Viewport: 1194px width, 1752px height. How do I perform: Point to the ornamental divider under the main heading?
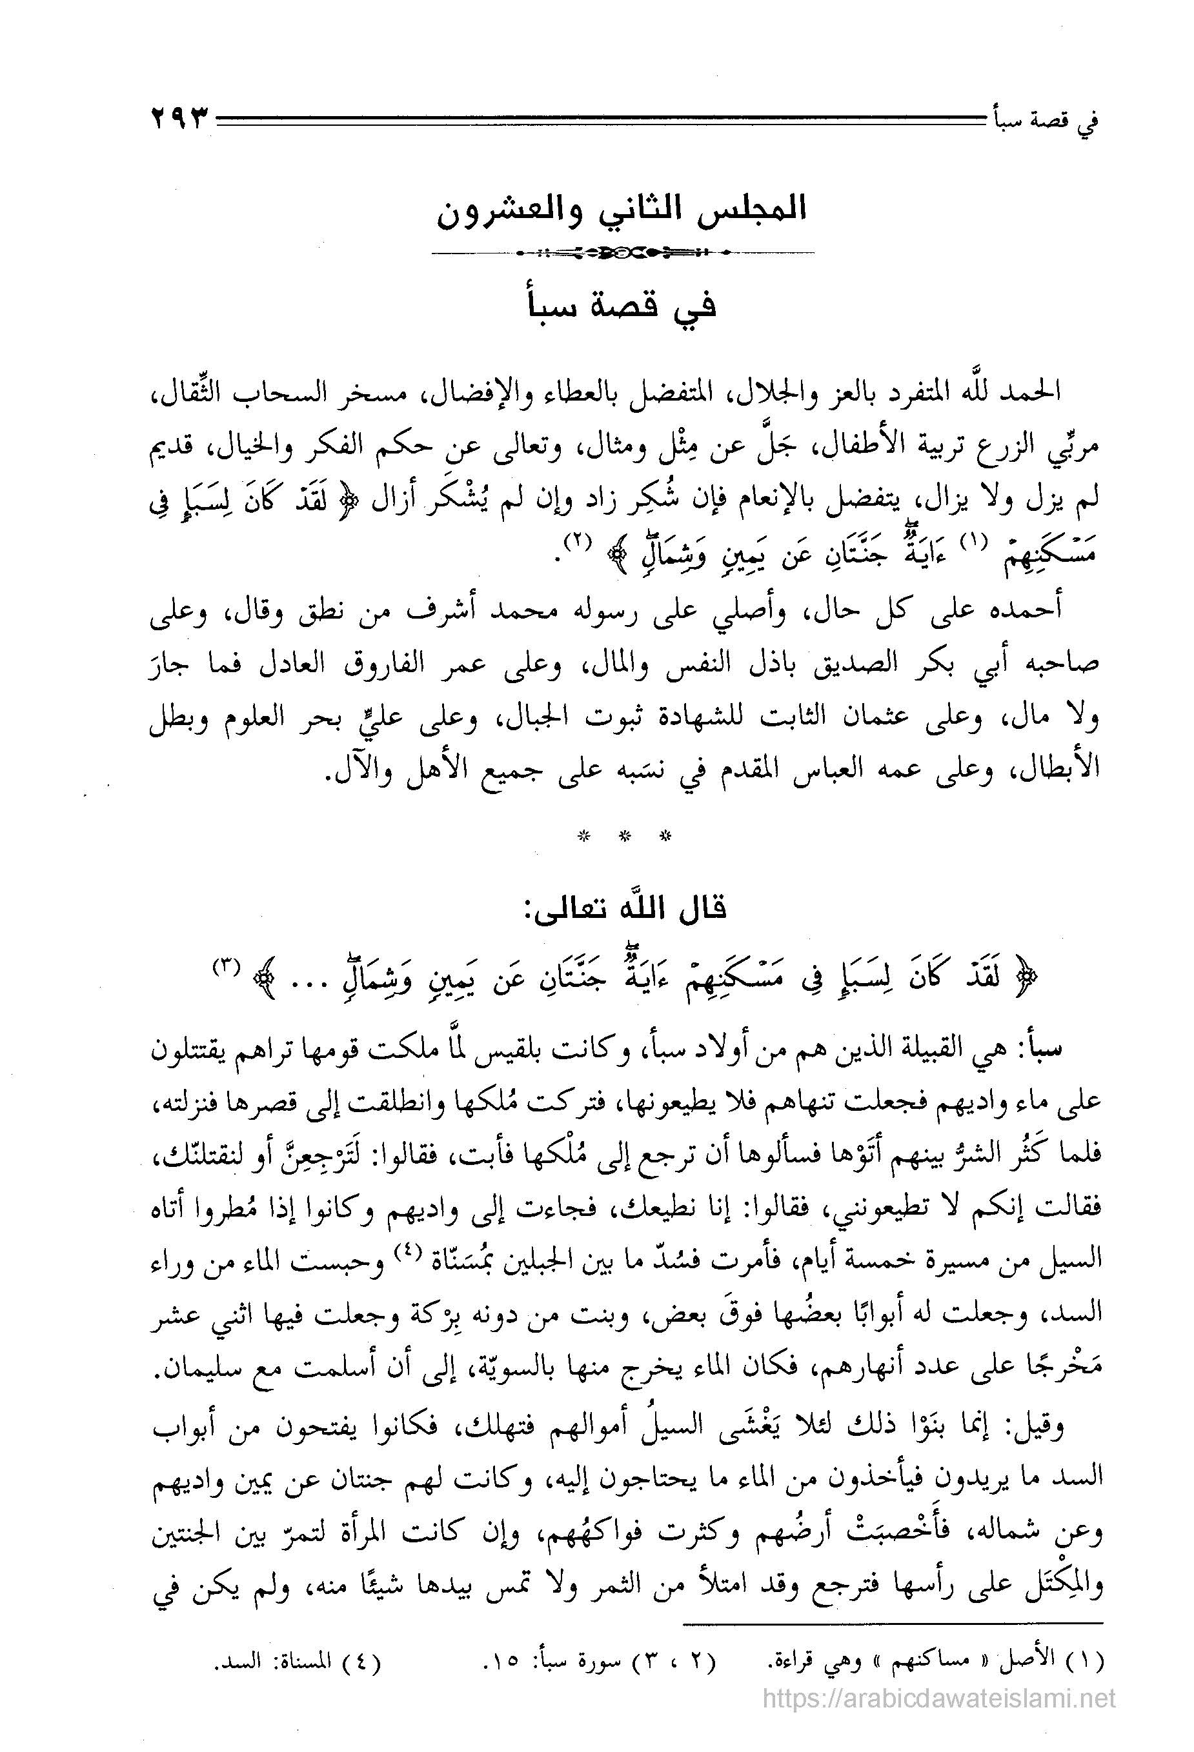click(622, 253)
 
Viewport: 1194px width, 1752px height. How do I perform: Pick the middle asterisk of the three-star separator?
click(623, 835)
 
